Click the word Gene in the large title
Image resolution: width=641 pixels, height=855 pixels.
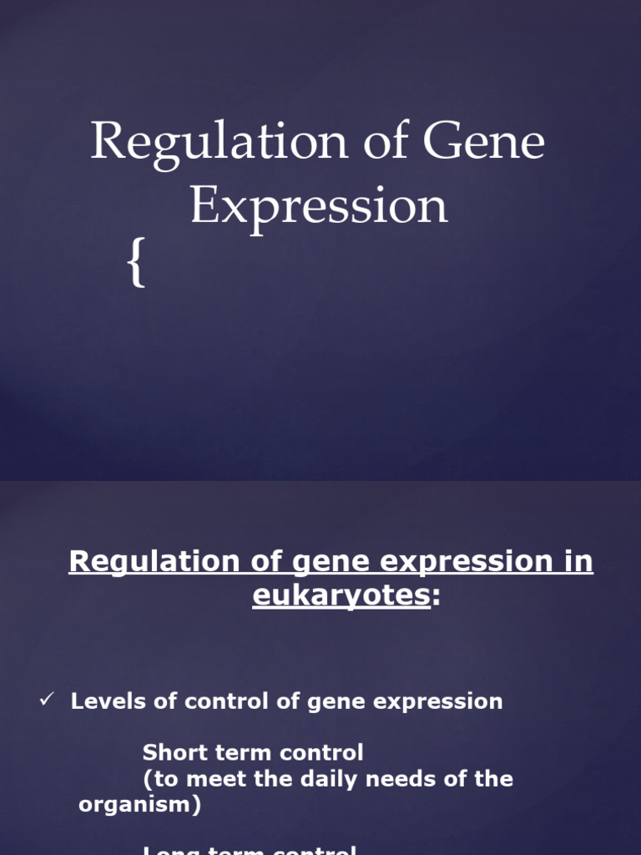click(x=484, y=142)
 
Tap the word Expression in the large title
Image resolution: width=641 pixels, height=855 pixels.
click(x=319, y=207)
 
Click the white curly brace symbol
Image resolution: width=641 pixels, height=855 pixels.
click(x=137, y=263)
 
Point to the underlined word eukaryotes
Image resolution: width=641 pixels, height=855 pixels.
click(x=341, y=596)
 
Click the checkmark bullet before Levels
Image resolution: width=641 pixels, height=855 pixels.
click(x=47, y=700)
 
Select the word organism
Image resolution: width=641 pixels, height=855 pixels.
click(x=134, y=806)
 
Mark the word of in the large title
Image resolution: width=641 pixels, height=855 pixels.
click(x=385, y=142)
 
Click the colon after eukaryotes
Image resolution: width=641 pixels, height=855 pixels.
click(x=435, y=598)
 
